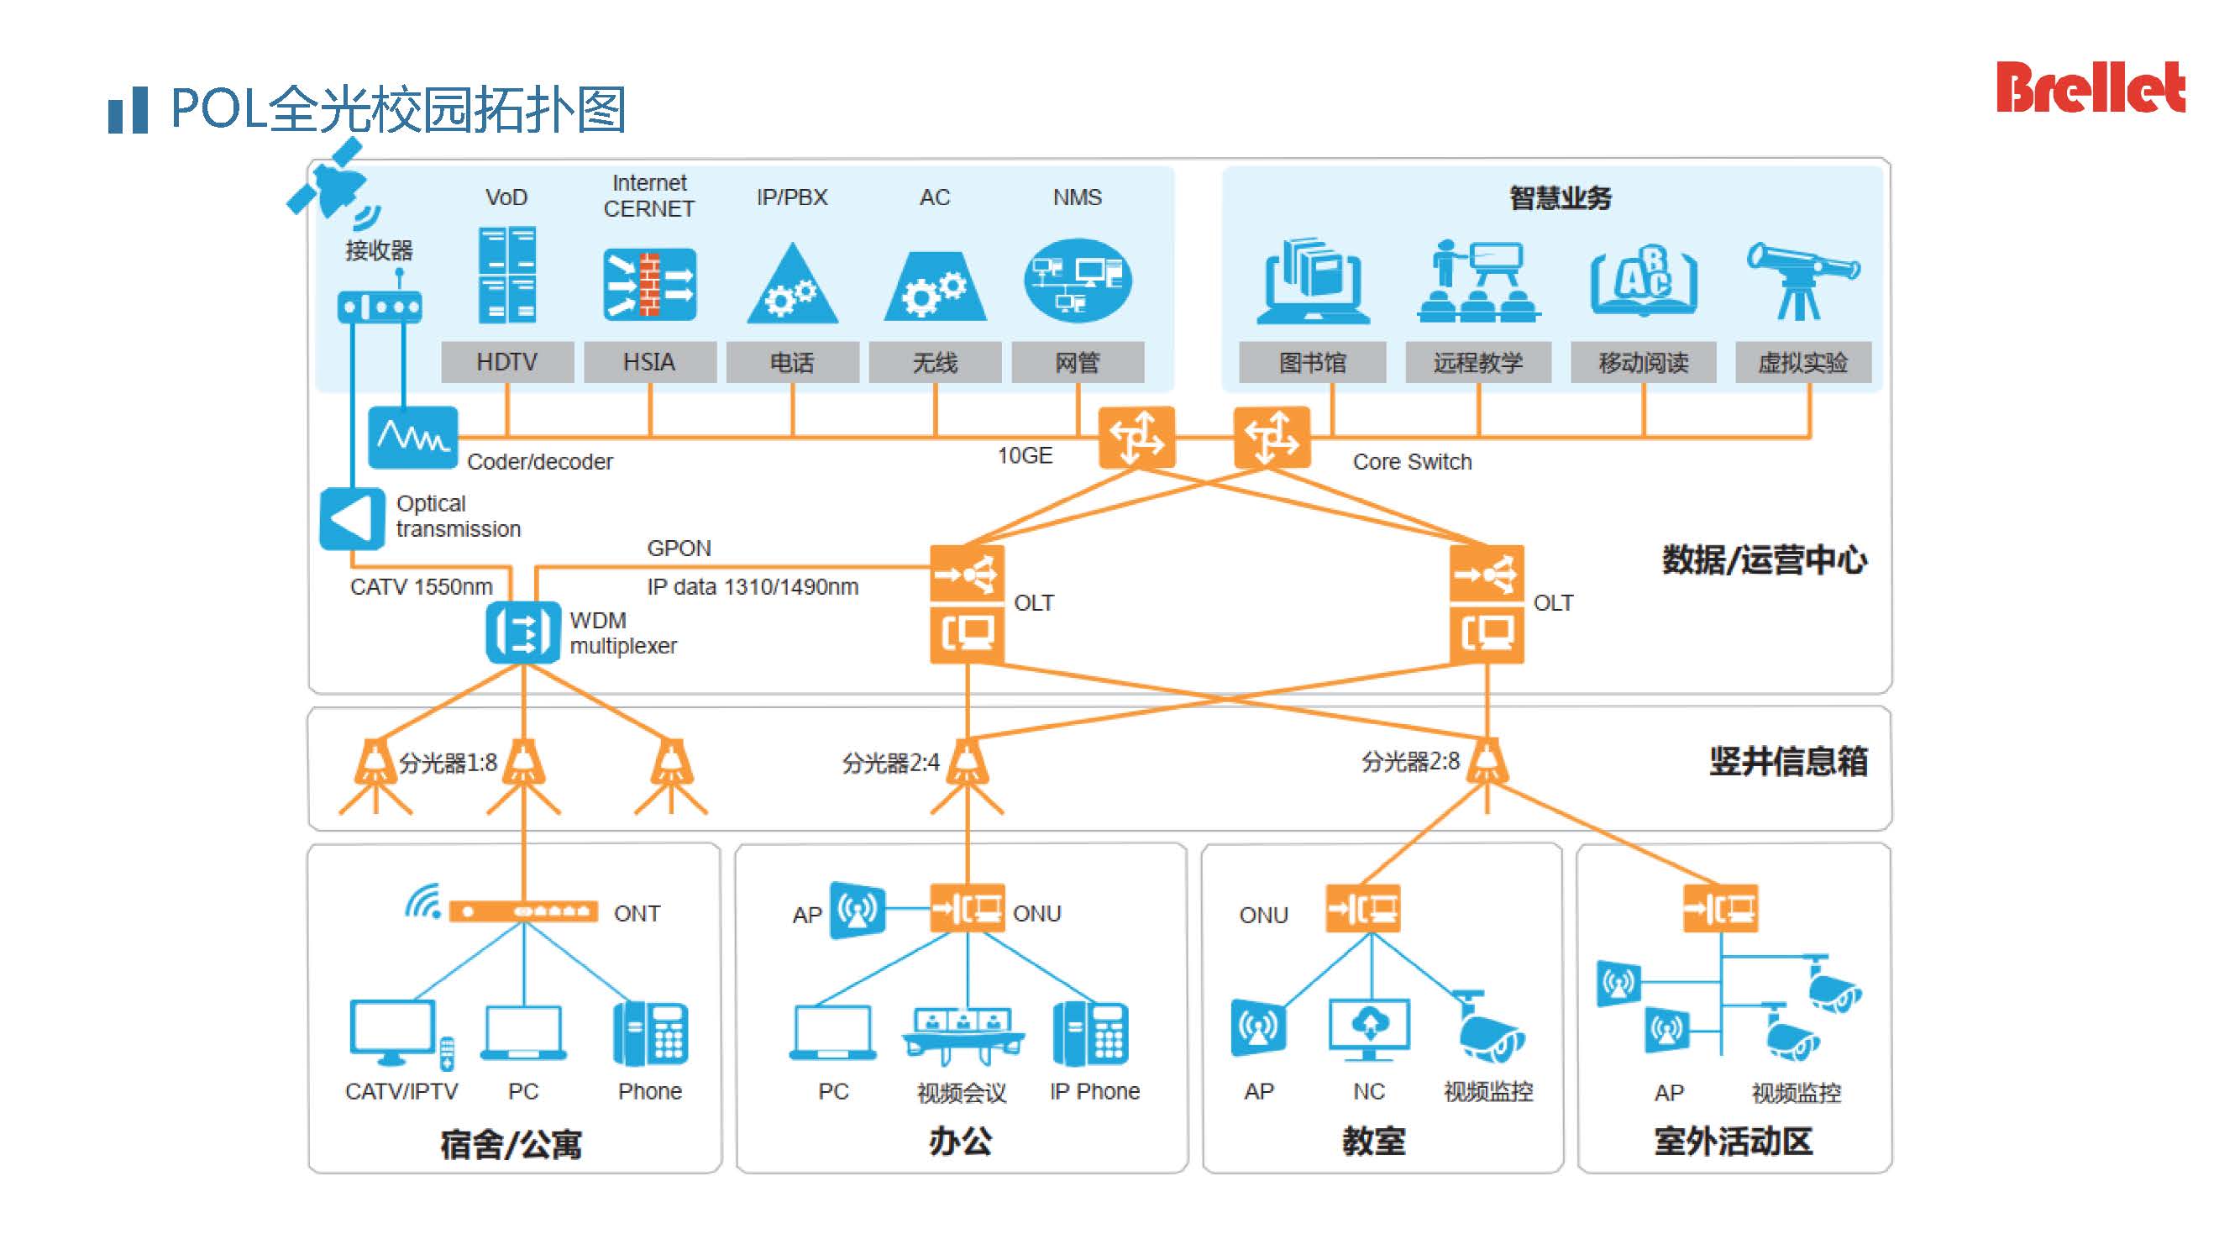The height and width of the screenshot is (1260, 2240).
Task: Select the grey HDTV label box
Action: [x=507, y=362]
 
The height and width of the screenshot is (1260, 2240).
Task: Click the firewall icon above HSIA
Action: [x=649, y=283]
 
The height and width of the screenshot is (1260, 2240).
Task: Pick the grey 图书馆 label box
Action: [x=1312, y=362]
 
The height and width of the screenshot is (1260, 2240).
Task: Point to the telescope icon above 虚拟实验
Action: [x=1802, y=280]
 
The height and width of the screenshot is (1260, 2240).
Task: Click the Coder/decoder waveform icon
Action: [x=412, y=437]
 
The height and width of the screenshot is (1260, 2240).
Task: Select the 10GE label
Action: [x=1025, y=455]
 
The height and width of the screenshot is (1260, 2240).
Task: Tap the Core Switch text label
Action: [x=1411, y=462]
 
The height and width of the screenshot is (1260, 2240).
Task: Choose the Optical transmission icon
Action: [x=351, y=518]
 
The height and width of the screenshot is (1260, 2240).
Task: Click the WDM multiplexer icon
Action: [x=522, y=633]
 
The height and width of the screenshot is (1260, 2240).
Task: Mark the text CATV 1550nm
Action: [x=421, y=587]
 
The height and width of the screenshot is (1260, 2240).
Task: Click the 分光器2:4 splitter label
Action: [x=890, y=764]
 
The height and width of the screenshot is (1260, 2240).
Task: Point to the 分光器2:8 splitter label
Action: [x=1409, y=762]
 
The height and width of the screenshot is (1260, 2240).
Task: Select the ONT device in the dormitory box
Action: [x=522, y=911]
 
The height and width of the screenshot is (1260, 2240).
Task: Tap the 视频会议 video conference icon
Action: [x=963, y=1035]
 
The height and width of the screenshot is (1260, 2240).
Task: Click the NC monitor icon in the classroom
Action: [x=1369, y=1030]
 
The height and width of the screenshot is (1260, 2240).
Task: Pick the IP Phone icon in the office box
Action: [x=1090, y=1034]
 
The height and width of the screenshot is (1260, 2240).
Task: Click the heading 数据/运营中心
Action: [x=1764, y=560]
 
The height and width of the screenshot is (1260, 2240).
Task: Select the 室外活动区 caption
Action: [x=1733, y=1141]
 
